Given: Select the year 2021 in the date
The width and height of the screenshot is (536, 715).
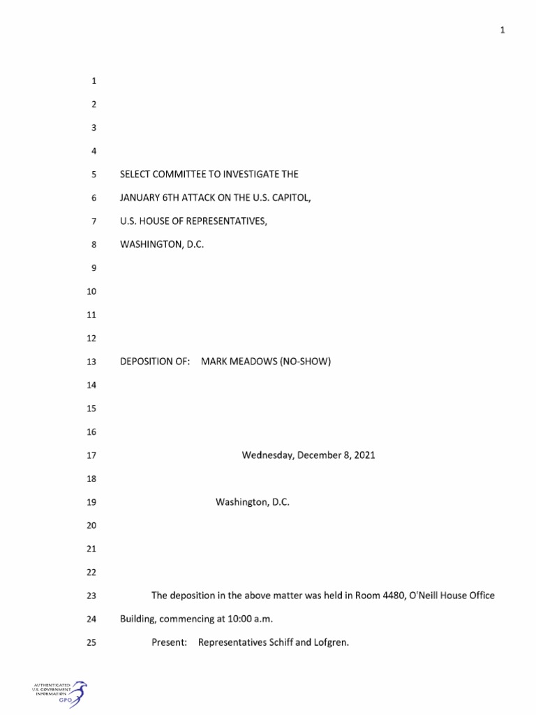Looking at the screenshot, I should [364, 455].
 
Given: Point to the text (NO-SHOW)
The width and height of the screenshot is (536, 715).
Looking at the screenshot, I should [305, 362].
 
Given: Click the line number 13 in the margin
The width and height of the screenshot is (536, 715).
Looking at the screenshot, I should [90, 362].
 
